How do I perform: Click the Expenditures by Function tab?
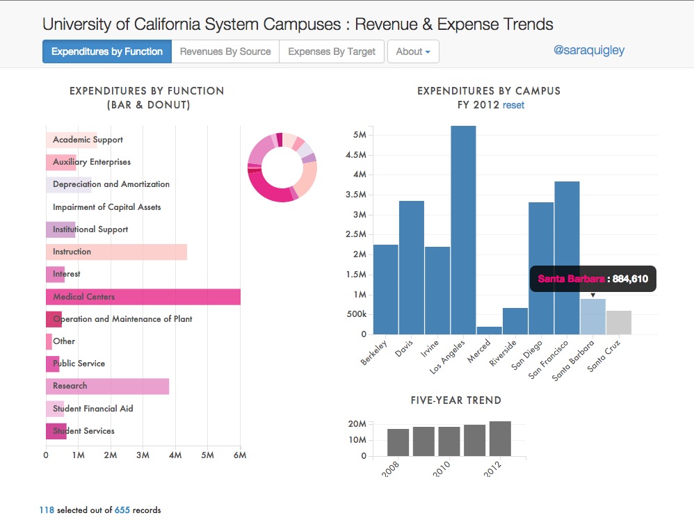[106, 51]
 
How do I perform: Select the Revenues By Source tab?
[225, 51]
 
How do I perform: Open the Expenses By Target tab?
[332, 51]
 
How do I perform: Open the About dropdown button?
[413, 51]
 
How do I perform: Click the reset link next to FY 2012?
[513, 105]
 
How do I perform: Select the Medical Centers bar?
[143, 297]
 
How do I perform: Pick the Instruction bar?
[116, 252]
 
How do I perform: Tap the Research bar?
[107, 386]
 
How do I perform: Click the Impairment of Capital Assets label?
[106, 207]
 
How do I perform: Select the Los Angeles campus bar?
[463, 229]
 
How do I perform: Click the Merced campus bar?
[489, 330]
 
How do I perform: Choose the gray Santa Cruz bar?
[618, 323]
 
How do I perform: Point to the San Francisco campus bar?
[567, 257]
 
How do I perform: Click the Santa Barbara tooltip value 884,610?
[630, 279]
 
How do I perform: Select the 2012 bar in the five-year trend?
[500, 439]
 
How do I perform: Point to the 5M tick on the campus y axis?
[360, 135]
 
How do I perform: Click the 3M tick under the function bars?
[143, 456]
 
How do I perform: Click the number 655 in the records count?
[122, 510]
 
